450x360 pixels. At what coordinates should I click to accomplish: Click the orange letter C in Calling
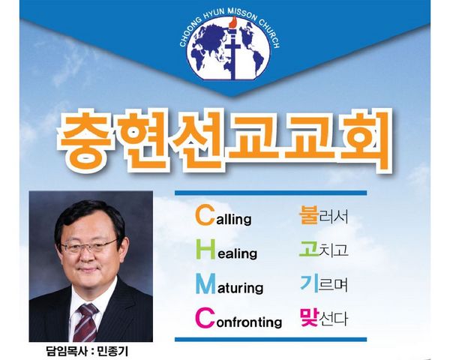pos(205,215)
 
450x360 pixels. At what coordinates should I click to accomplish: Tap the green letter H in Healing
pos(205,250)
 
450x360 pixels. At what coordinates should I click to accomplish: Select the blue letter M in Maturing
pos(205,284)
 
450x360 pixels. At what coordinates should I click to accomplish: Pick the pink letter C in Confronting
pos(205,318)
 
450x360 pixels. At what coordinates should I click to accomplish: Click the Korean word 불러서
pos(323,215)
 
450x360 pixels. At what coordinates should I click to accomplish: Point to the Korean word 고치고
pos(323,249)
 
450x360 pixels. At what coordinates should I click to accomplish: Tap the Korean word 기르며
pos(324,283)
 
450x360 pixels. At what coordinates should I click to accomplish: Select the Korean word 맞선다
pos(323,317)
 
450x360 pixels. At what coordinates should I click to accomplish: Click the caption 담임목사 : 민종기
pos(87,351)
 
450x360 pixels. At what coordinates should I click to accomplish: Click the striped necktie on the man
pos(85,322)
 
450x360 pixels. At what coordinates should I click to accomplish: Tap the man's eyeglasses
pos(88,246)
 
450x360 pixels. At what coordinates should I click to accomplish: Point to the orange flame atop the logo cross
pos(234,22)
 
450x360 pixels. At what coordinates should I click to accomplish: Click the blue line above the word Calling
pos(271,193)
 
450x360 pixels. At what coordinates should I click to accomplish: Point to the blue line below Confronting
pos(271,339)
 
